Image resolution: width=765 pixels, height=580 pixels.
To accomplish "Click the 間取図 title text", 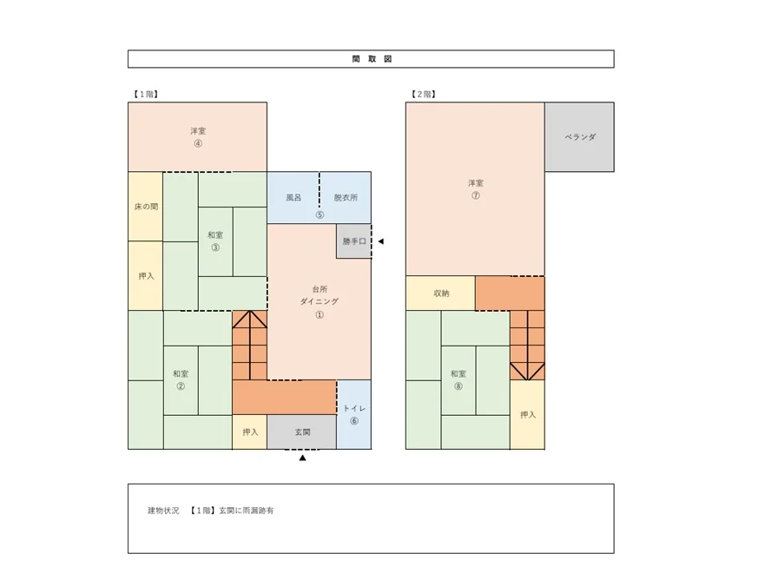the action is point(372,59).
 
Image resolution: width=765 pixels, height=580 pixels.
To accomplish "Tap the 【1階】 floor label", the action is point(146,94).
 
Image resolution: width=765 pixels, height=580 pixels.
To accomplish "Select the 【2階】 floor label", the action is point(424,94).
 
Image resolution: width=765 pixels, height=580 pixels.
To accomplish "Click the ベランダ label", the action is point(580,137).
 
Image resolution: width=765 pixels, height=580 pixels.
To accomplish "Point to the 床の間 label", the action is point(146,207).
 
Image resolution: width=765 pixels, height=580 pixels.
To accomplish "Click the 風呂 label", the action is point(293,198).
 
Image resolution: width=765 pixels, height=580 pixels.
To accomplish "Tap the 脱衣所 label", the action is point(346,198).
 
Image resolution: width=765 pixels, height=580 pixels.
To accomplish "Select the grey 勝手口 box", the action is point(353,241).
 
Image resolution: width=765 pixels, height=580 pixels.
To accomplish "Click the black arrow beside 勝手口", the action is point(381,241).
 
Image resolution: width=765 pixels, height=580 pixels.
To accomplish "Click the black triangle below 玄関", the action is point(302,458).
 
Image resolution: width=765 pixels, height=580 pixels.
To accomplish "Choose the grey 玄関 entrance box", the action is point(302,432).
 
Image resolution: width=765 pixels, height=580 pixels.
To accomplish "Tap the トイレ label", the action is point(354,408).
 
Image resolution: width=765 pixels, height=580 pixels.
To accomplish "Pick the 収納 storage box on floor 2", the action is point(440,293).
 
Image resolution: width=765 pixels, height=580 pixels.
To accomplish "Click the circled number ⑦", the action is point(476,195).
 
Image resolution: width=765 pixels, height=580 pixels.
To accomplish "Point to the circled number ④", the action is point(198,143).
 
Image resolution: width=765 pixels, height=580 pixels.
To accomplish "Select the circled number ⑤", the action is point(320,214).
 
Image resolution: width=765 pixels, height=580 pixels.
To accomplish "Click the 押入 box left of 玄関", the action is point(250,432).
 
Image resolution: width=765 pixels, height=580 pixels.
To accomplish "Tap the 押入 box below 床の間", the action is point(145,275).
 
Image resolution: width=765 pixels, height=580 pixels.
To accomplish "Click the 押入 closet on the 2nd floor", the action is point(527,415).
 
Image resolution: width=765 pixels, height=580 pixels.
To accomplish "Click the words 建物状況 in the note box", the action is point(163,511).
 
